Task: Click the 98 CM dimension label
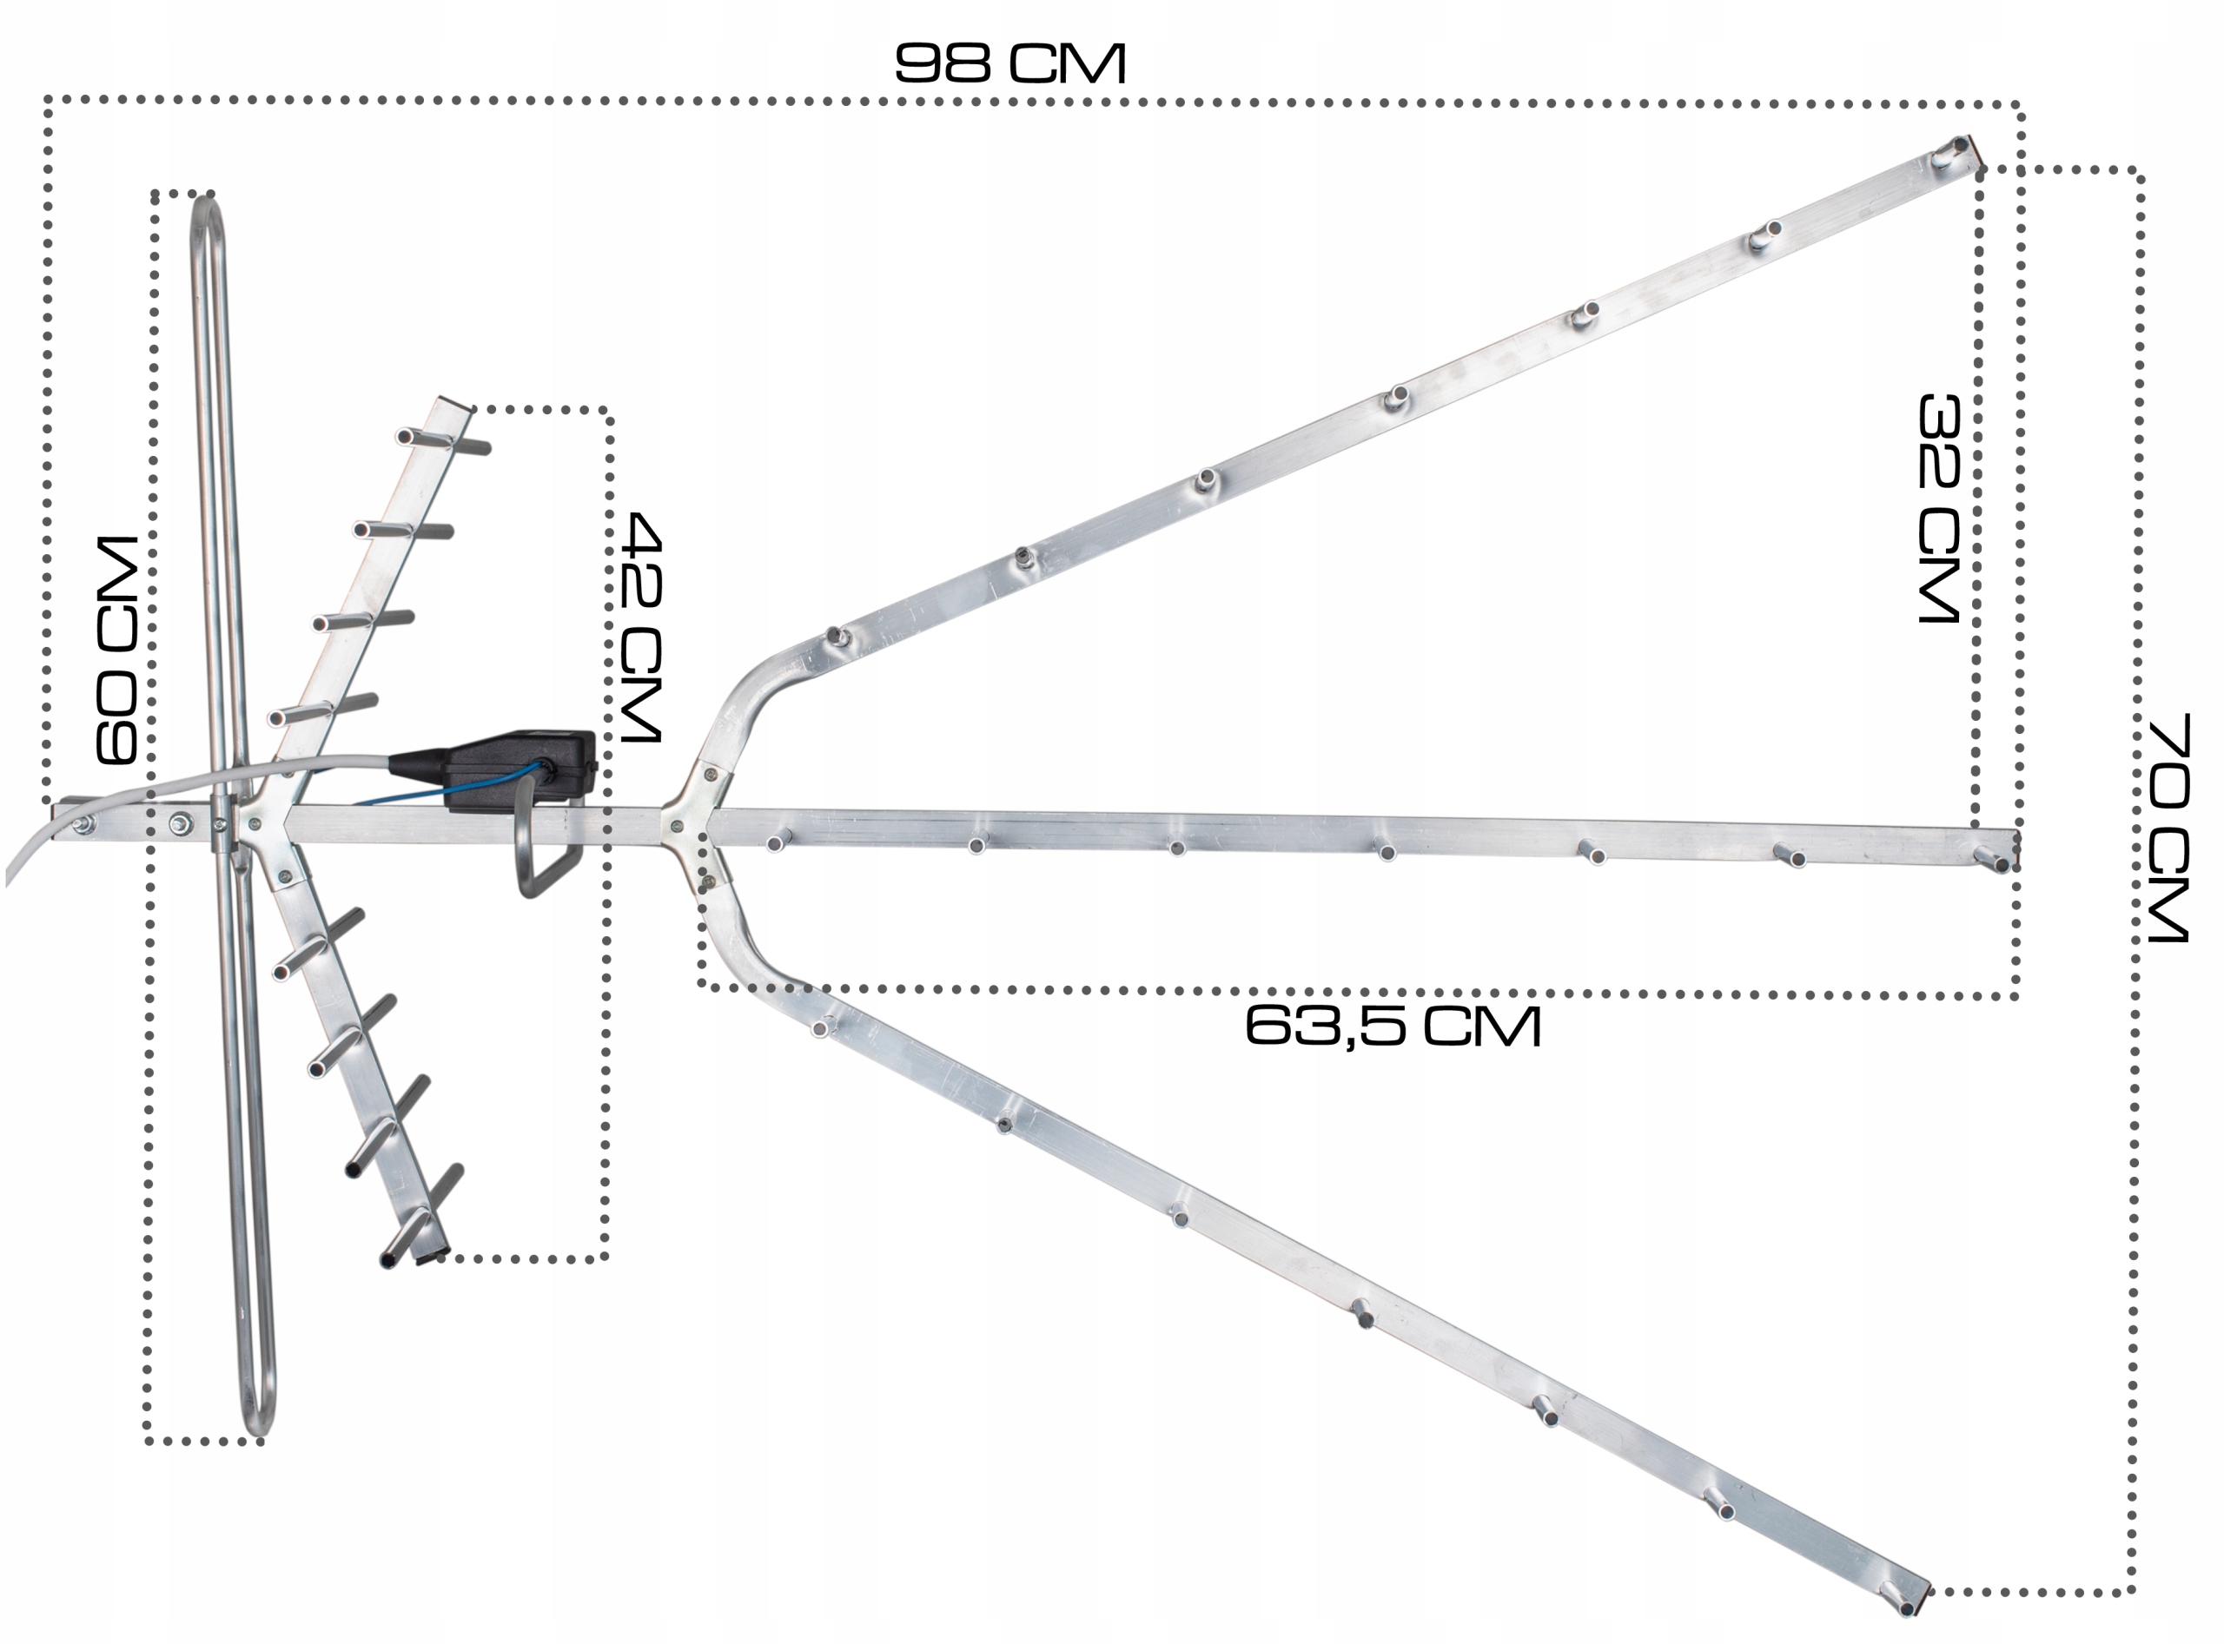(x=1009, y=63)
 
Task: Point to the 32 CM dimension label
(x=1937, y=509)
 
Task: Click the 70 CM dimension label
(x=2168, y=827)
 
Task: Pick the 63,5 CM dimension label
(x=1393, y=1025)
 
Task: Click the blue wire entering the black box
(x=448, y=786)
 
